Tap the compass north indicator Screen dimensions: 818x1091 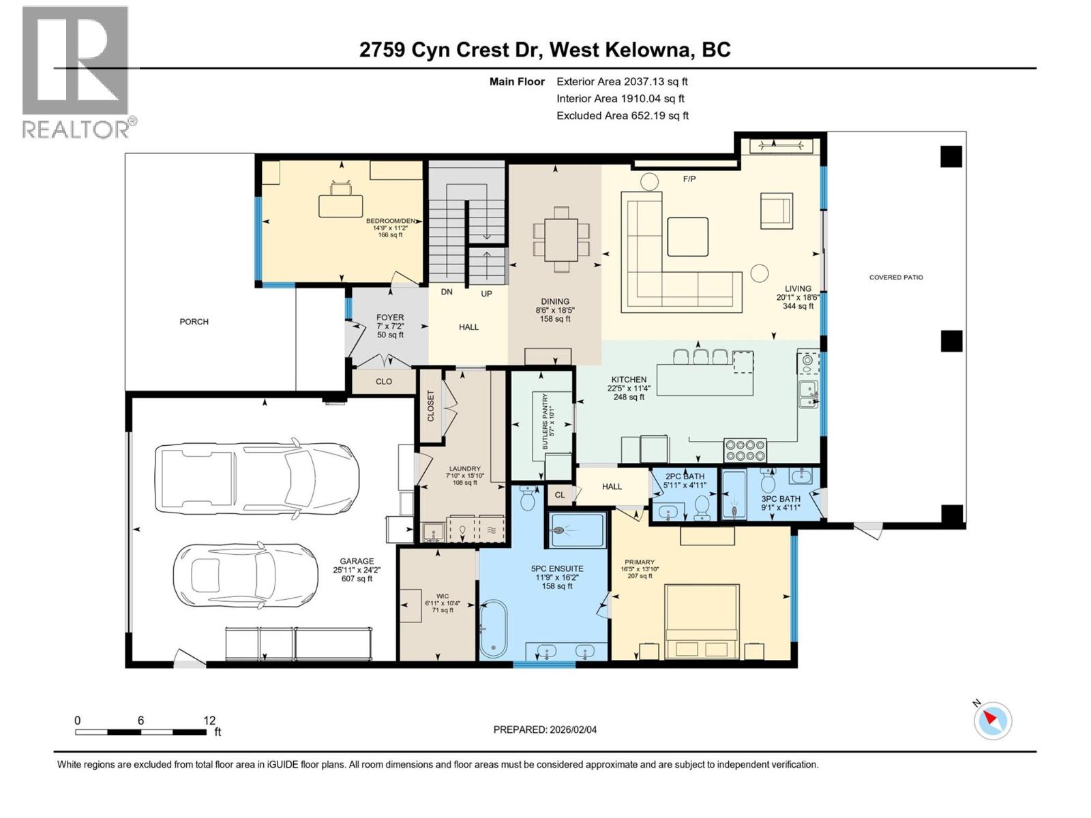click(992, 721)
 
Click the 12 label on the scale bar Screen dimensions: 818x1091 click(209, 721)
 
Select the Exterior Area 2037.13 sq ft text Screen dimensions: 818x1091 click(622, 82)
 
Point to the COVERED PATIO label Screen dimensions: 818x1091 click(896, 277)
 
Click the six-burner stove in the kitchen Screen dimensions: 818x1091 click(745, 451)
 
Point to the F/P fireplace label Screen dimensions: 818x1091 click(689, 179)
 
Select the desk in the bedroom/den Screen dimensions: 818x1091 click(341, 205)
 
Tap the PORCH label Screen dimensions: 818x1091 click(194, 322)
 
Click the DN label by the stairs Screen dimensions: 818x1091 click(447, 292)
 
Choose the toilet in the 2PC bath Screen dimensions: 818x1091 click(702, 508)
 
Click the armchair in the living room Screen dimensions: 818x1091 click(777, 210)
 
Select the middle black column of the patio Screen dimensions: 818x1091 click(951, 341)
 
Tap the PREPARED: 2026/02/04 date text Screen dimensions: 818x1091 click(545, 729)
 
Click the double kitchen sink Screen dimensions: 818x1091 click(808, 394)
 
